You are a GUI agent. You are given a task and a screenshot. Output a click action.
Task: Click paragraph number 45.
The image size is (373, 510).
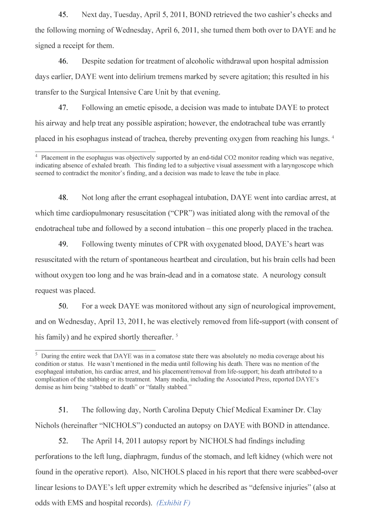(x=63, y=14)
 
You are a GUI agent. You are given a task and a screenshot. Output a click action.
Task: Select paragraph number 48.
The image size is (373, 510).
(x=63, y=198)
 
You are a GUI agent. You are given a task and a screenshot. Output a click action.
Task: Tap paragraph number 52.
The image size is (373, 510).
(x=63, y=441)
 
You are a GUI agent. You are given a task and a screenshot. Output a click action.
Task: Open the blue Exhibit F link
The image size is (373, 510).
(x=173, y=503)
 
